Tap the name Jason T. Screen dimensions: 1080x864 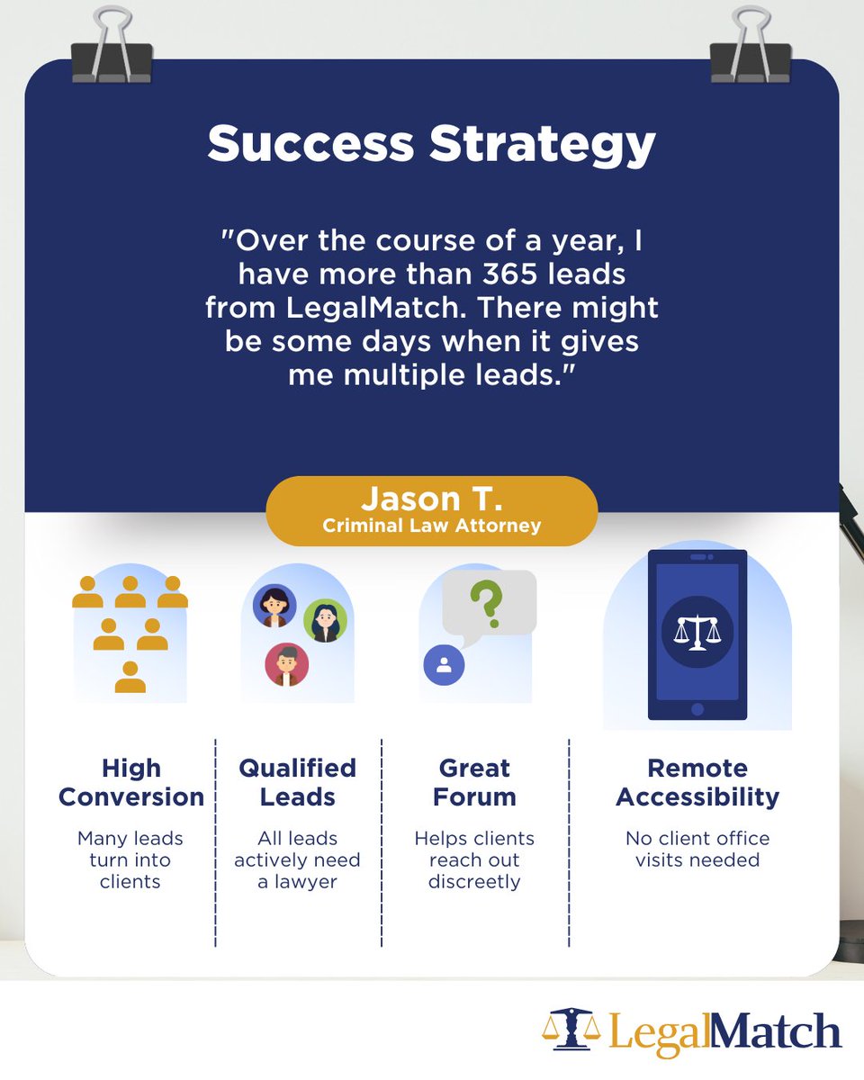point(431,499)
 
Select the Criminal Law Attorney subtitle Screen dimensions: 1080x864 point(431,525)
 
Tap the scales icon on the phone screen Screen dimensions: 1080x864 point(697,630)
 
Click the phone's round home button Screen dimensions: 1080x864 point(697,709)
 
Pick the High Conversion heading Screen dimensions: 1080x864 point(131,782)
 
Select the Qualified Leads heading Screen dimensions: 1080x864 point(297,782)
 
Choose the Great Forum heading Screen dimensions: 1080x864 point(474,782)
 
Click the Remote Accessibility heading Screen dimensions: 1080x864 point(697,782)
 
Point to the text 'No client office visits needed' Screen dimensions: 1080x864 point(697,849)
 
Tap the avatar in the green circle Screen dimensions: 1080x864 point(324,620)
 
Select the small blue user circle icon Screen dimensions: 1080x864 point(444,665)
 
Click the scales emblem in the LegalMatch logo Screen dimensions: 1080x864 point(571,1030)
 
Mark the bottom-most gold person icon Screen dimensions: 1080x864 point(130,678)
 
